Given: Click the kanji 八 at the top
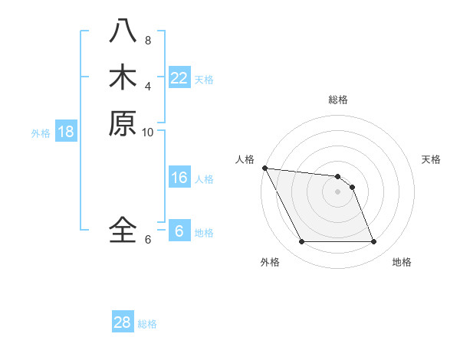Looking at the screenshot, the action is click(x=123, y=31).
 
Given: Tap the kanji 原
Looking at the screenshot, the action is click(x=123, y=123).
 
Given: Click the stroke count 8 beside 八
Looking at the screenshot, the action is click(x=148, y=40).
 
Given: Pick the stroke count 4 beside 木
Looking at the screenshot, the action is click(x=148, y=86).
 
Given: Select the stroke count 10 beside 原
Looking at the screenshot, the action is click(x=148, y=132).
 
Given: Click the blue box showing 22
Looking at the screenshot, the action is click(x=179, y=78).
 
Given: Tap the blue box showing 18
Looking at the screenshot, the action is click(x=66, y=132).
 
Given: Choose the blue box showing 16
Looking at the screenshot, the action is click(x=179, y=178).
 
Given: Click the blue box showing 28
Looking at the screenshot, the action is click(x=122, y=322).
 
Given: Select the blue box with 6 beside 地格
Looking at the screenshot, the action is click(x=179, y=231).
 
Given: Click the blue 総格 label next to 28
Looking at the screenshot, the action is click(x=148, y=324).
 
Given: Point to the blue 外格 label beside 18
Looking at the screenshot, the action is click(x=41, y=133).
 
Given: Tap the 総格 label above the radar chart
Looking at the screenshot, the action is click(x=338, y=100).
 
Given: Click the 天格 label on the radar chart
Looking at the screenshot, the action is click(x=432, y=159).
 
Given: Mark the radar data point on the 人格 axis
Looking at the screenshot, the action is click(x=264, y=168).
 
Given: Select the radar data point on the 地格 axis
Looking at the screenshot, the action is click(x=373, y=242).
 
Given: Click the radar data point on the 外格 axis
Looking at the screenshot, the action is click(x=301, y=242).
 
